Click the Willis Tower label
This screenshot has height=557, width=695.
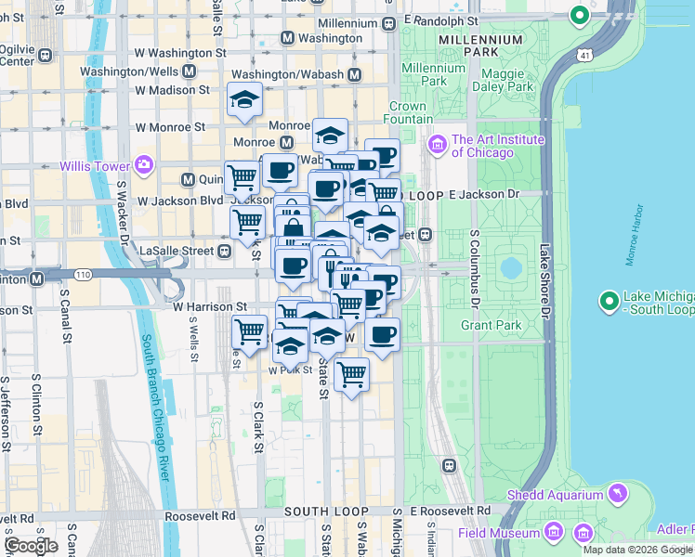(x=93, y=166)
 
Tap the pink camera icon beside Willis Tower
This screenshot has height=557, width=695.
(x=143, y=166)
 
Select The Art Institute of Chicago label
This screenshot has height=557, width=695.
(x=482, y=146)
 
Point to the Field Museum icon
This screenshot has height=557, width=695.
(x=554, y=532)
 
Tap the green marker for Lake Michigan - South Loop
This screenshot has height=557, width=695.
(x=609, y=301)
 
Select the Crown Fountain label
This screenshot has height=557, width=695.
(x=408, y=112)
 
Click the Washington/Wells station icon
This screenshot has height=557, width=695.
(x=189, y=71)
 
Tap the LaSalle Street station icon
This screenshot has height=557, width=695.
(x=225, y=251)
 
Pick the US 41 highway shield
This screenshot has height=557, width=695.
(x=583, y=57)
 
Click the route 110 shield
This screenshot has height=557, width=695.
(x=84, y=276)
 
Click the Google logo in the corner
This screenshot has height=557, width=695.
(x=31, y=545)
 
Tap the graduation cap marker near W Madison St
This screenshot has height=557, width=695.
(x=244, y=99)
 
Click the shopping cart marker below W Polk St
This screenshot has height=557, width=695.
(x=351, y=374)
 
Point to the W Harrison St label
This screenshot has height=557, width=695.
(x=209, y=305)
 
